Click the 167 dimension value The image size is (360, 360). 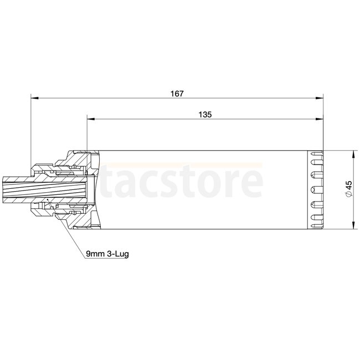click(x=177, y=94)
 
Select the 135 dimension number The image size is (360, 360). click(x=205, y=115)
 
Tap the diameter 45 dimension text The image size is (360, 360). click(x=348, y=189)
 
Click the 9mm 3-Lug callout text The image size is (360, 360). click(x=107, y=254)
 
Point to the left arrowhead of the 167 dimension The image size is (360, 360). click(x=34, y=98)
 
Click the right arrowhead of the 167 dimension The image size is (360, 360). click(x=320, y=98)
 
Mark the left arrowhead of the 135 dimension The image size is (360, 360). click(x=91, y=119)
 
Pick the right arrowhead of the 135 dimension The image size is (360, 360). click(x=320, y=119)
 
